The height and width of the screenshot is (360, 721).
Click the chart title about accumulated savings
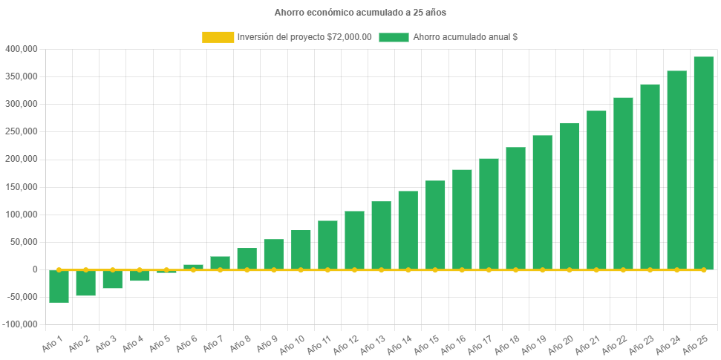click(x=360, y=13)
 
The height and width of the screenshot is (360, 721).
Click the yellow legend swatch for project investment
click(x=217, y=37)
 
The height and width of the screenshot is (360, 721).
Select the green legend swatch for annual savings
click(x=394, y=37)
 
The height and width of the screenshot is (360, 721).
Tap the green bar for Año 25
click(x=703, y=163)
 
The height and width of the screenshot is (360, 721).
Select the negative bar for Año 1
click(x=59, y=287)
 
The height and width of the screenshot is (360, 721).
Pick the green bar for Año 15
click(x=435, y=225)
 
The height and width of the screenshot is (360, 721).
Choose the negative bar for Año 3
click(x=112, y=279)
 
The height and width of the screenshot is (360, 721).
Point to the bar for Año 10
click(x=301, y=250)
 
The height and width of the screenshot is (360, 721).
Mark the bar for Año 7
click(x=220, y=263)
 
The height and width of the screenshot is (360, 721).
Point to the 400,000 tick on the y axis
click(x=22, y=49)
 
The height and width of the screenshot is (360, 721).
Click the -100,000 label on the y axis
click(x=21, y=325)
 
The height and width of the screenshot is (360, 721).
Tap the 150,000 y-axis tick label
click(x=22, y=187)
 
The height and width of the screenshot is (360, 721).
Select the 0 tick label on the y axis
click(x=35, y=269)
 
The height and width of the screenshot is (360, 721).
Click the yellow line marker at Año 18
click(x=515, y=270)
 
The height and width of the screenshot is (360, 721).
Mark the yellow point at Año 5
click(x=166, y=270)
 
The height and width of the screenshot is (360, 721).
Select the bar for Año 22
click(x=623, y=183)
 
